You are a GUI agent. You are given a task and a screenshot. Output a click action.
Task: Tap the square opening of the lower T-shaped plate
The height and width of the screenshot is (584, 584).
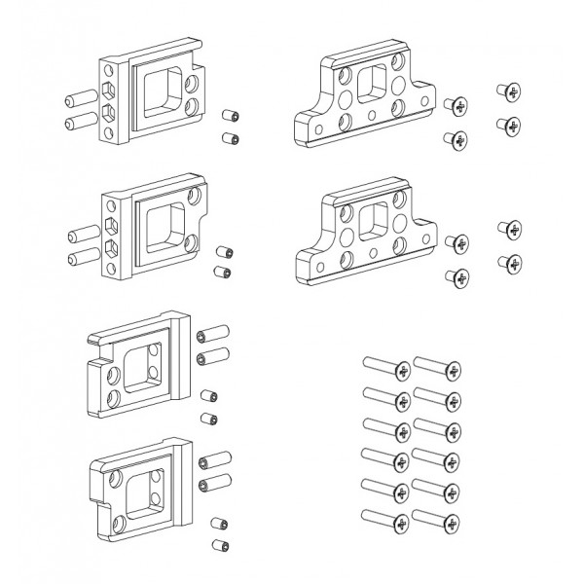(374, 223)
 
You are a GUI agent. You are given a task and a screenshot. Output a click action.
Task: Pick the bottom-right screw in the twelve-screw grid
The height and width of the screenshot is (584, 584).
(438, 523)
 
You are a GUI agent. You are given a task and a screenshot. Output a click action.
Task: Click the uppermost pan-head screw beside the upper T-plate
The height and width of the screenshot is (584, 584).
(506, 91)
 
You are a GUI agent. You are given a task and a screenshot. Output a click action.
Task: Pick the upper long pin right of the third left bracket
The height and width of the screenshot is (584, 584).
(211, 335)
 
